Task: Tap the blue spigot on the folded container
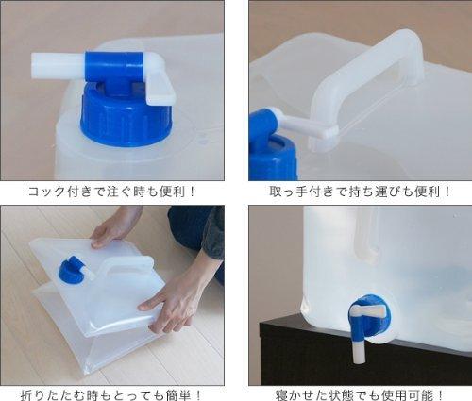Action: [x=72, y=270]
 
